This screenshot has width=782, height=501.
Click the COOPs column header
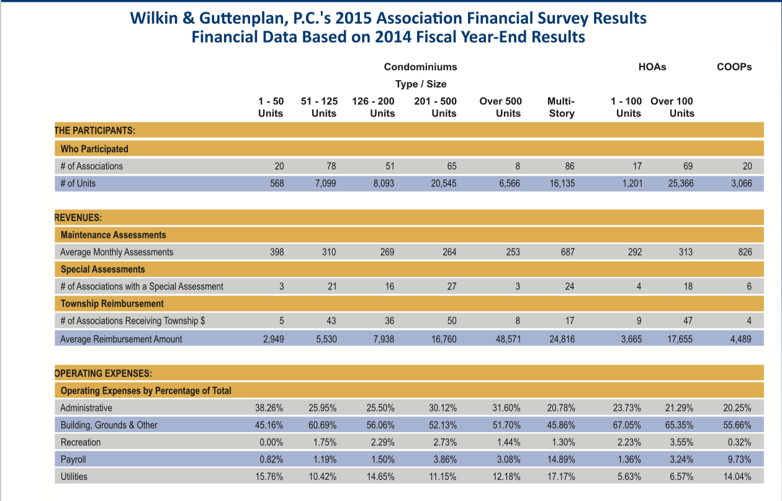tap(734, 66)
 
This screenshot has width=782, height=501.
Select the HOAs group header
tap(652, 66)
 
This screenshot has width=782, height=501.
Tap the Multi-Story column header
tap(561, 107)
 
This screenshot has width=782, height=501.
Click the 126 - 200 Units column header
tap(373, 107)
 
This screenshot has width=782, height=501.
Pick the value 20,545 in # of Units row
tap(443, 183)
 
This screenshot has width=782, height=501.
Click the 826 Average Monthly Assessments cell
tap(745, 252)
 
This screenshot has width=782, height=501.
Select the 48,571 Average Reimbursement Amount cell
tap(508, 339)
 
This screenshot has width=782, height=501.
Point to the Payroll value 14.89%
tap(561, 459)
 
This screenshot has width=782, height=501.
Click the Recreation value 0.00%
tap(271, 443)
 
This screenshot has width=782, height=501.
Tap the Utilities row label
tap(74, 477)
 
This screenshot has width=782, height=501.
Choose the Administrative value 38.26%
tap(269, 408)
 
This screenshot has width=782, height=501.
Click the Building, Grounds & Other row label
tap(109, 425)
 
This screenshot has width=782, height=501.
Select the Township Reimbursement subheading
tap(112, 304)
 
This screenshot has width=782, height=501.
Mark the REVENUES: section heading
tap(78, 218)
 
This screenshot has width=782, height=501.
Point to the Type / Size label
tap(421, 84)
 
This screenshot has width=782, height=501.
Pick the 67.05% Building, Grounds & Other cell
tap(627, 425)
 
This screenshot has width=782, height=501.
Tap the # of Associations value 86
tap(569, 166)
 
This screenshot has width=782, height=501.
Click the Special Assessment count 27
tap(452, 287)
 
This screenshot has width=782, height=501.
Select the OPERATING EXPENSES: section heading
tap(103, 374)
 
